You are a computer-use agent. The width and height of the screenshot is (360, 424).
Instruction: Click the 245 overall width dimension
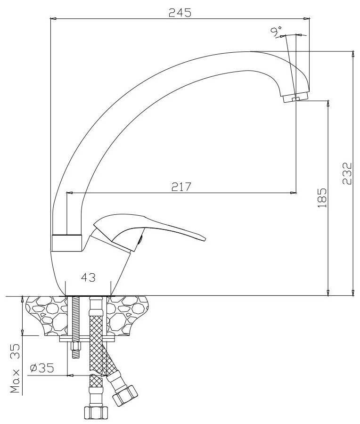[180, 13]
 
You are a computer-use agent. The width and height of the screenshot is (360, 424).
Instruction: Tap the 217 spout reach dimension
[181, 187]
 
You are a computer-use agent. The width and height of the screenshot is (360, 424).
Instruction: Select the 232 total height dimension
[347, 173]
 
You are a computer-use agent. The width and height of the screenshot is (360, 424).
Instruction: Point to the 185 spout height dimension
[322, 198]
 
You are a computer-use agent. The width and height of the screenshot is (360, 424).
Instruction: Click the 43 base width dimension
[88, 277]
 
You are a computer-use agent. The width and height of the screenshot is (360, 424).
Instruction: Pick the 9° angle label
[276, 32]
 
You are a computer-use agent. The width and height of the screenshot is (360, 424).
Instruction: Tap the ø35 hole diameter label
[42, 367]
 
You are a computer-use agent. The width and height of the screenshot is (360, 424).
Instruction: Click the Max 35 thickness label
[15, 368]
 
